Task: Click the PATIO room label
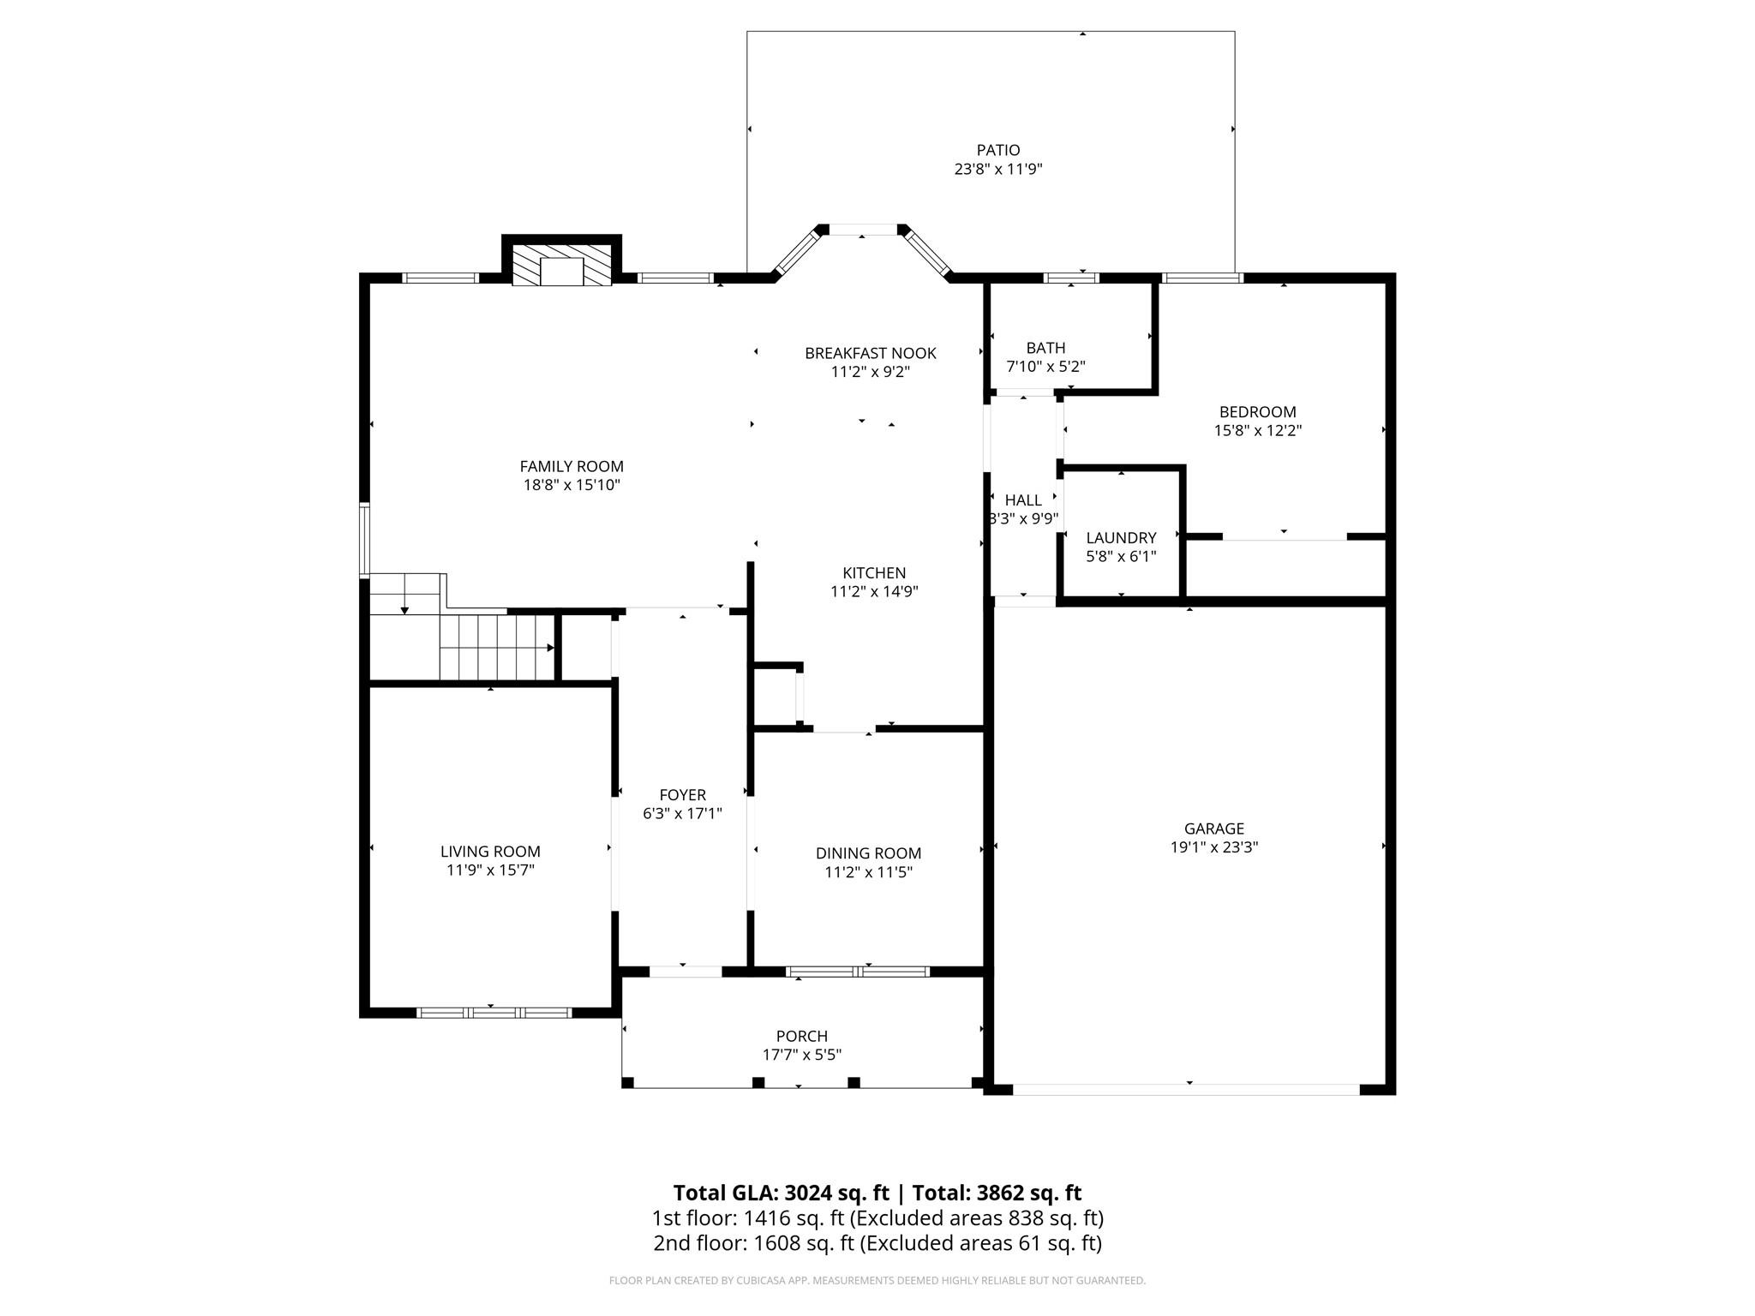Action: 998,151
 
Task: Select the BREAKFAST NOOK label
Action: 870,353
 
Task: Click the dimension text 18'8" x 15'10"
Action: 572,485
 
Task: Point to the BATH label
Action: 1045,348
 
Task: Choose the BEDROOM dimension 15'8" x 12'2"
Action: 1258,431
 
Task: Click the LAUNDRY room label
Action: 1121,538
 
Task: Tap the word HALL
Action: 1023,500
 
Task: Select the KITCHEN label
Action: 874,573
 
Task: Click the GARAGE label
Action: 1214,828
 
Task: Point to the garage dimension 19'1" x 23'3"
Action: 1214,847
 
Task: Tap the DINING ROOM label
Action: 868,853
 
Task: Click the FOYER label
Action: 683,795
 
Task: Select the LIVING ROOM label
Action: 490,852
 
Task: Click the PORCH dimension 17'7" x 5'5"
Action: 802,1055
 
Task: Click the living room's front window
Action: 494,1013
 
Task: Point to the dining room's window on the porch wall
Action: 858,972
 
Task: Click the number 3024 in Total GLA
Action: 808,1193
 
